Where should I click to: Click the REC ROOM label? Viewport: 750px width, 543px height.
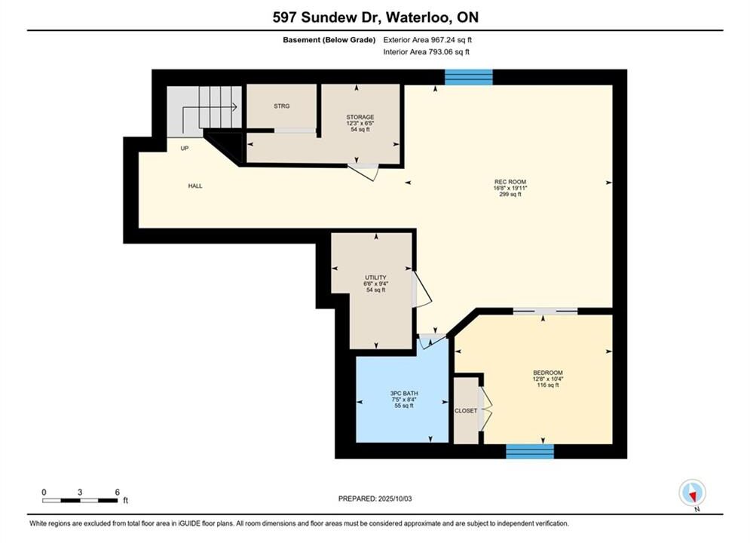click(510, 182)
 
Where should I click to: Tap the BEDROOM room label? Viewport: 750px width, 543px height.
click(548, 373)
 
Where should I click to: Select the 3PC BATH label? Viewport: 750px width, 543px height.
click(404, 393)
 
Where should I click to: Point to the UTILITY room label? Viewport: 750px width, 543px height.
click(375, 278)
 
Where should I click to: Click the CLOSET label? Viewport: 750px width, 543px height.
click(466, 411)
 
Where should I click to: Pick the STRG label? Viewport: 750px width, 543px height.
click(282, 106)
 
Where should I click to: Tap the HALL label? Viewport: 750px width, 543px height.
click(195, 186)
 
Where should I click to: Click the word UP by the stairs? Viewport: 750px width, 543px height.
click(185, 149)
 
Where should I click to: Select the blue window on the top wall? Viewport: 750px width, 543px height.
click(469, 77)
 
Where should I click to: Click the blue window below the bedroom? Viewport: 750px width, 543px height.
click(530, 451)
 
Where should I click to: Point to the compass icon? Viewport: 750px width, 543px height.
click(692, 492)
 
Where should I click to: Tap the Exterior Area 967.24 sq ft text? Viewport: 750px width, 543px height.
click(427, 40)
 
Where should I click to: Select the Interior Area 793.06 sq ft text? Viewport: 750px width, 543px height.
click(426, 52)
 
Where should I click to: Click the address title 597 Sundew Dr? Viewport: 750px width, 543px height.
click(326, 17)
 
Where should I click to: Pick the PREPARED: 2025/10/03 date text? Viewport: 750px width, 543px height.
click(375, 499)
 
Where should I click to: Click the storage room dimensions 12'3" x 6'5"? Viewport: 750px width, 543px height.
click(360, 124)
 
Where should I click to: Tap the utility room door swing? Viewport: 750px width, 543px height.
click(422, 290)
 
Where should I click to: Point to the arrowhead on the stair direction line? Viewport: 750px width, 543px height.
click(235, 107)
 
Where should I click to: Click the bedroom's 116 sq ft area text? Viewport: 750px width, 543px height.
click(548, 385)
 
